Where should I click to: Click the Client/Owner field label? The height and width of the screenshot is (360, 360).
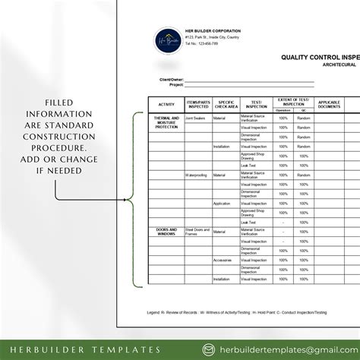tap(170, 79)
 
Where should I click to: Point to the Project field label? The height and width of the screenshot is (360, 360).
tap(176, 85)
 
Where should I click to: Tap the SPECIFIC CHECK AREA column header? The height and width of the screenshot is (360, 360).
tap(225, 103)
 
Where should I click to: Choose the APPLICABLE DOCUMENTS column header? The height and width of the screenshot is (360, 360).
tap(329, 103)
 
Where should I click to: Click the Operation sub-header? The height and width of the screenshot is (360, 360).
tap(283, 109)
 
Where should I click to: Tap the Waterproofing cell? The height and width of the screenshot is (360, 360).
tap(197, 175)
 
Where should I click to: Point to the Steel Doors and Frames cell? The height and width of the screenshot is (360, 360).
tap(197, 231)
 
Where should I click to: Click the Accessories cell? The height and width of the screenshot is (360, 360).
tap(223, 260)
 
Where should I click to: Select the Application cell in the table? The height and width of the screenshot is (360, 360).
tap(222, 204)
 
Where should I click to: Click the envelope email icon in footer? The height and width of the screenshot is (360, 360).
tap(209, 349)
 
